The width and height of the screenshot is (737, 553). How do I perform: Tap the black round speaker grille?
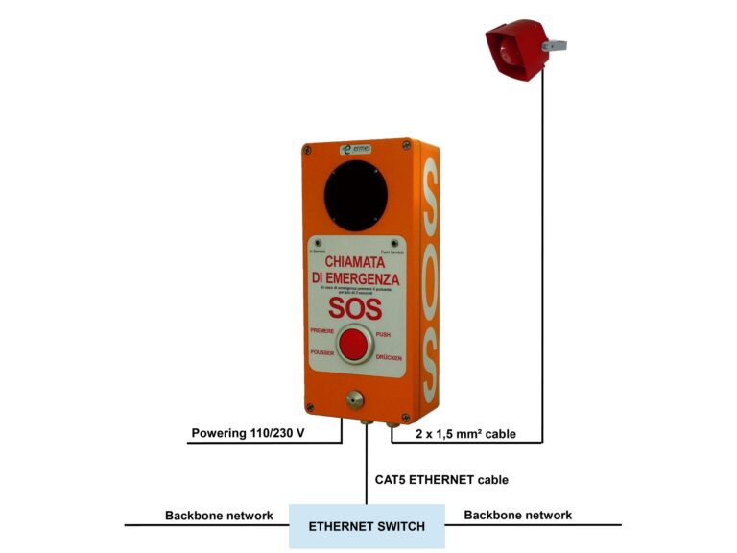pos(355,196)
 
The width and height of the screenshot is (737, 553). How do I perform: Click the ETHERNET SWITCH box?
pos(366,526)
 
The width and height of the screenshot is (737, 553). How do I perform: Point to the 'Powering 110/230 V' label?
pos(248,433)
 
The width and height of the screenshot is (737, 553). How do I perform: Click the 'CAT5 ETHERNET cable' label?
pos(441,479)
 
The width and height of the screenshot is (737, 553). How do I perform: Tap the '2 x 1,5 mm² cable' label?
pos(467,434)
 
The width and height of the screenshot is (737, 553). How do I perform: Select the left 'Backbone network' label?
pos(219,516)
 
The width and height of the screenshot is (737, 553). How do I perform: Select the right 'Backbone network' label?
pos(518,516)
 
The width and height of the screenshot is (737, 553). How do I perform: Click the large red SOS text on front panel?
pos(355,307)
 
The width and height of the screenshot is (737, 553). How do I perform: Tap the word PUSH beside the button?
pos(383,334)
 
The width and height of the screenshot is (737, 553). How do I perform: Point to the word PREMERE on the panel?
pos(321,330)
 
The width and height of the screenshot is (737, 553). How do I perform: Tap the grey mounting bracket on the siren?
pos(555,45)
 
